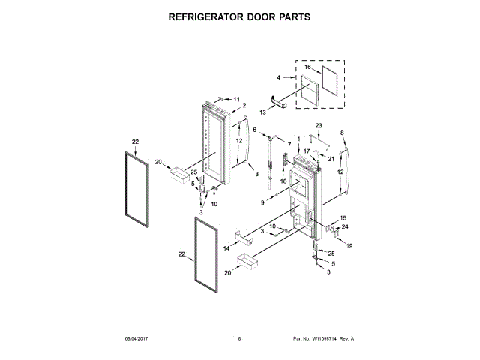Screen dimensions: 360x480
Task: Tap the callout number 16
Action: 307,67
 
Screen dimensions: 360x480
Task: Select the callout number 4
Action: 278,77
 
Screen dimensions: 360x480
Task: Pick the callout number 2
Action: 244,106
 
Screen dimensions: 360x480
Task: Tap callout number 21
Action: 330,158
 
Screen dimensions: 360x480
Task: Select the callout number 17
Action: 306,151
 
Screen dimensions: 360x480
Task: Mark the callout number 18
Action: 283,181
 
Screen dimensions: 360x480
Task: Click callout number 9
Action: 264,203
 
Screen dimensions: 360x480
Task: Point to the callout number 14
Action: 226,247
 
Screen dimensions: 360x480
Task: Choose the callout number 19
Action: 349,246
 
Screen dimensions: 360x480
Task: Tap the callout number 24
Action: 345,227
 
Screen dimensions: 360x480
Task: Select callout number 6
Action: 255,130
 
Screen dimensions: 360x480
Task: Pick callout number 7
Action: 289,143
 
